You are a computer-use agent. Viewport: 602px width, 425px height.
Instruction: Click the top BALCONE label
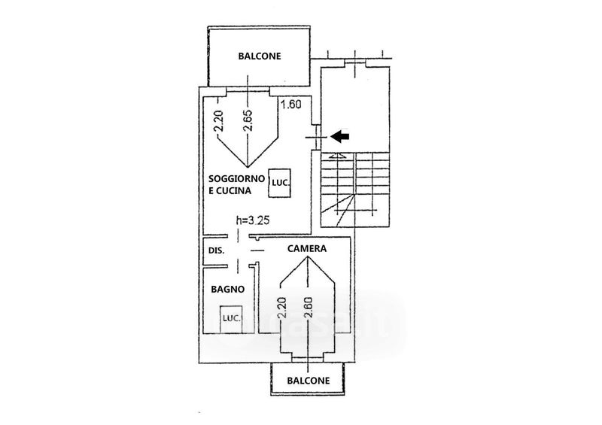(260, 56)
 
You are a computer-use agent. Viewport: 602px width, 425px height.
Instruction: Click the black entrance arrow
(341, 136)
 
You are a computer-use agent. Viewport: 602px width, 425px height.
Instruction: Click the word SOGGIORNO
(236, 178)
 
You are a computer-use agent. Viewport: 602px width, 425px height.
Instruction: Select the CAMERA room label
(306, 247)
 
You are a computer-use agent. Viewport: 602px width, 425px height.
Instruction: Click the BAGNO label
(225, 288)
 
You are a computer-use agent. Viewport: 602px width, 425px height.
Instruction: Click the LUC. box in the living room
(281, 182)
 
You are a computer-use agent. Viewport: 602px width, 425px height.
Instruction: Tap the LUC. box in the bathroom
(230, 318)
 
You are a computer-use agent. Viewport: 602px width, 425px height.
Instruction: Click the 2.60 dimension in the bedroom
(308, 308)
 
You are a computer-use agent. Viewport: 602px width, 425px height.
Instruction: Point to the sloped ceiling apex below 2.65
(248, 166)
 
